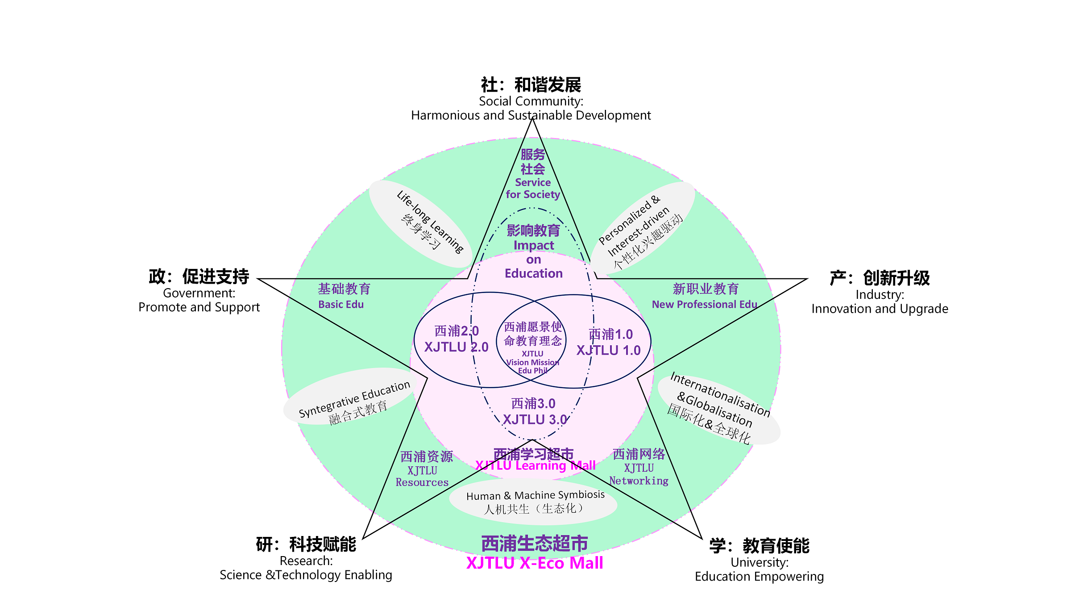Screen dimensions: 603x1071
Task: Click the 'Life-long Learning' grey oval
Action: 419,223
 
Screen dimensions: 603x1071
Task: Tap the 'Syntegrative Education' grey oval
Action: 350,397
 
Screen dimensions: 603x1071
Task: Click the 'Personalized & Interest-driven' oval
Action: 643,228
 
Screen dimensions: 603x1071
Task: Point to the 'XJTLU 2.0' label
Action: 456,347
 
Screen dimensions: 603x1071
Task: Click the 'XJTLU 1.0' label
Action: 609,351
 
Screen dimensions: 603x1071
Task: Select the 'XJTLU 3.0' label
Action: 534,420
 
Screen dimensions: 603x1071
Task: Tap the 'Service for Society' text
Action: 533,188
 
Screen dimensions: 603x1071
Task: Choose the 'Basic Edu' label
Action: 341,305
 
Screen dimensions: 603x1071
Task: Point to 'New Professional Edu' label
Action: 704,305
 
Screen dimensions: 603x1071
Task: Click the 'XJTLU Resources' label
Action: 422,477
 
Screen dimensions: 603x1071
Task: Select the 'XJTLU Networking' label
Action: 639,475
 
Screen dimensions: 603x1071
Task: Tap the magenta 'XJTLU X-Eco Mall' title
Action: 535,563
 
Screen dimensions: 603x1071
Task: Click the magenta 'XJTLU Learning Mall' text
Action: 535,466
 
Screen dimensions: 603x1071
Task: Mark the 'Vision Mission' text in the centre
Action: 532,363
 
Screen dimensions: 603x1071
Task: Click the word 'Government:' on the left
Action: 199,293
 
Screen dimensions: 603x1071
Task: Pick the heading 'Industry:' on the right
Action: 880,295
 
